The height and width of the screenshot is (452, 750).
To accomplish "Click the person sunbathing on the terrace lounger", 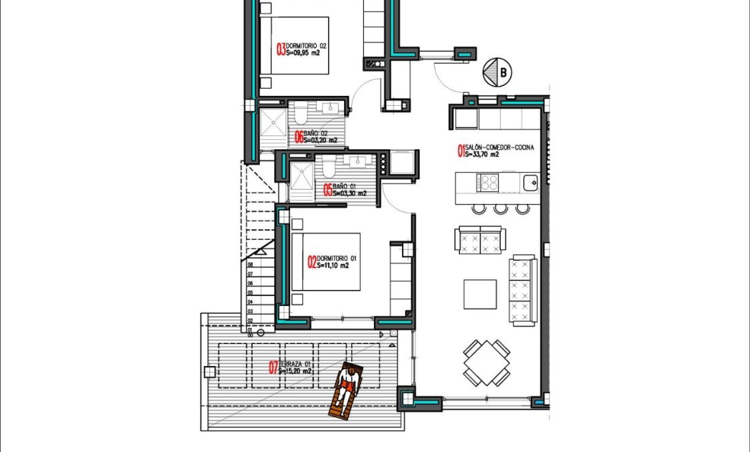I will coord(345,390).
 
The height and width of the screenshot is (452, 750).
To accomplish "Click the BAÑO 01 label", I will coord(344,186).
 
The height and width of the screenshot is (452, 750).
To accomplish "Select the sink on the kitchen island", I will coord(531,182).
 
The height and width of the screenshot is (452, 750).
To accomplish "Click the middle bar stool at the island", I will coord(500,209).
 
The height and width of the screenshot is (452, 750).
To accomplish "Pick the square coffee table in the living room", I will coord(480,294).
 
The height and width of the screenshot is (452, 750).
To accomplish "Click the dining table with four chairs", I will coord(487,363).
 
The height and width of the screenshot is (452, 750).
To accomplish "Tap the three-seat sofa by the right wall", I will coord(523,289).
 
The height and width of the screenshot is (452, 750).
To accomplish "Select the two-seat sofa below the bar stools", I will coord(480,239).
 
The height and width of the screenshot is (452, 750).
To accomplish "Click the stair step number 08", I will coord(250,264).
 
